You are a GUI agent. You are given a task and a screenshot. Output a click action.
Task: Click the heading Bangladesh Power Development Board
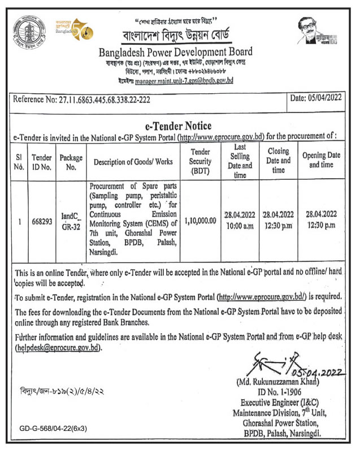(x=175, y=52)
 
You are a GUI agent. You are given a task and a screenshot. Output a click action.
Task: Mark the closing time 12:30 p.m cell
(x=279, y=226)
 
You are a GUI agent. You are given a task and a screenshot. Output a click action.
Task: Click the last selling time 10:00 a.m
(x=240, y=226)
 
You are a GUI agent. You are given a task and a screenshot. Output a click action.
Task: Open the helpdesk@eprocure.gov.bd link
(x=59, y=348)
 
